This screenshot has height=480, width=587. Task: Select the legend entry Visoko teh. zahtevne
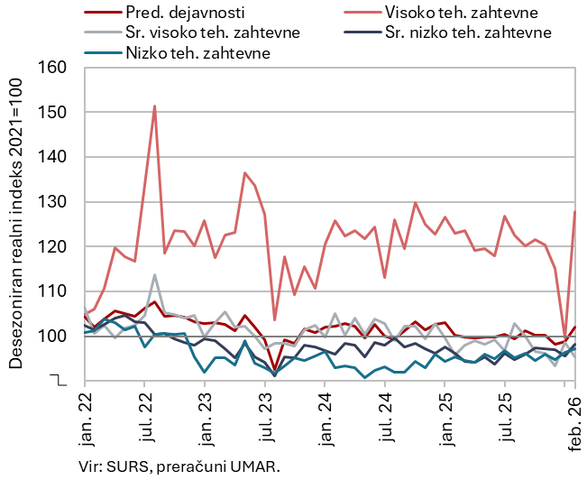(461, 13)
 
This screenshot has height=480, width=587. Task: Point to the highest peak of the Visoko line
(154, 106)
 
